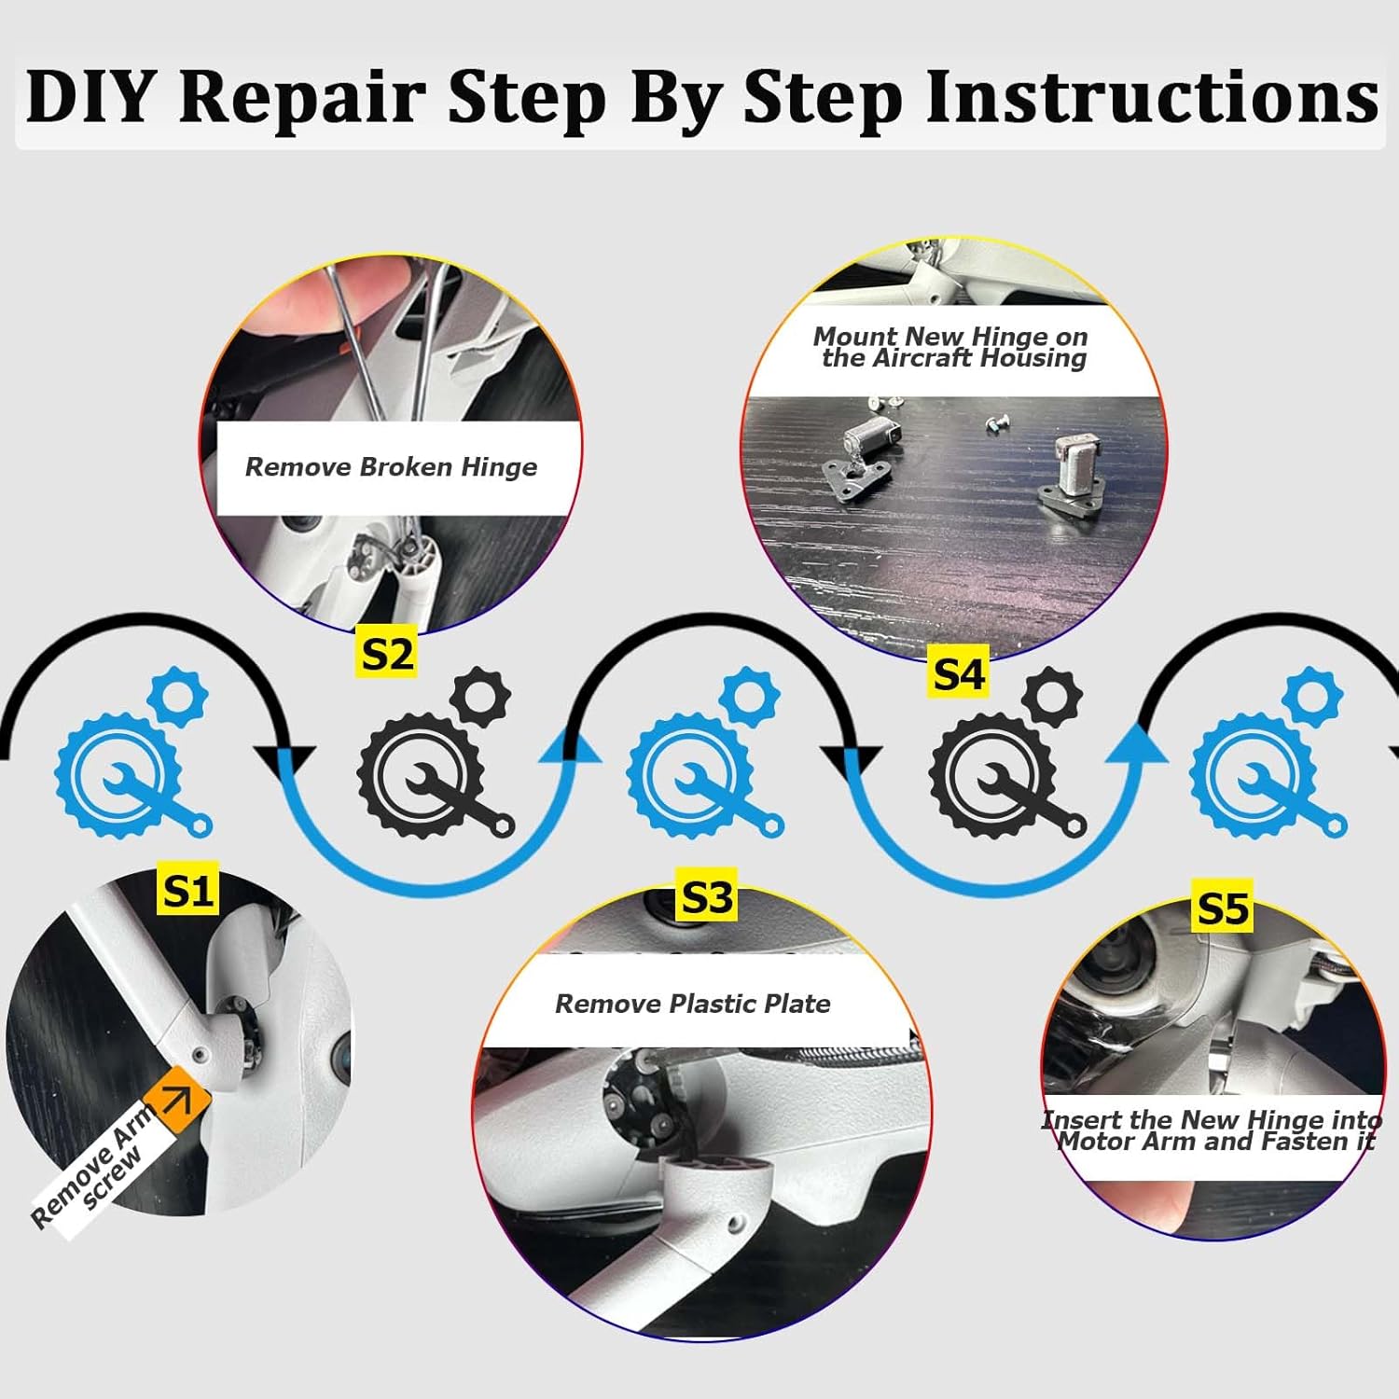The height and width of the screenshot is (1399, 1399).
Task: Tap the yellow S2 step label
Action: [x=386, y=653]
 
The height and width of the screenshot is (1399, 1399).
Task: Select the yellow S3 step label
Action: [x=707, y=897]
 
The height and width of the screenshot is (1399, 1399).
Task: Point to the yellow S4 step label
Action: [x=959, y=673]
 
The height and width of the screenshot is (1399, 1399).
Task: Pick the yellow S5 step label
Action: [x=1223, y=907]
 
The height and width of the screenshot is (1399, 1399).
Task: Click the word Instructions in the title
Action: [x=1153, y=96]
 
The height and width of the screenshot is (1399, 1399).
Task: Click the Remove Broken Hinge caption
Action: [x=391, y=466]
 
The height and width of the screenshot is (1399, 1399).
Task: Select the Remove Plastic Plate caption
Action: [x=693, y=1004]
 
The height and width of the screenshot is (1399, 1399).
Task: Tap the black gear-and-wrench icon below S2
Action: [x=436, y=752]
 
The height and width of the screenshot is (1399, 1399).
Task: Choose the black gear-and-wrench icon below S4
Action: [x=1008, y=752]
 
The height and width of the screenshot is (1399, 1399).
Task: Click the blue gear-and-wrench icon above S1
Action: [x=133, y=752]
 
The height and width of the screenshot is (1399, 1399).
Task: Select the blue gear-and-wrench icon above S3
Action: [x=706, y=752]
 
